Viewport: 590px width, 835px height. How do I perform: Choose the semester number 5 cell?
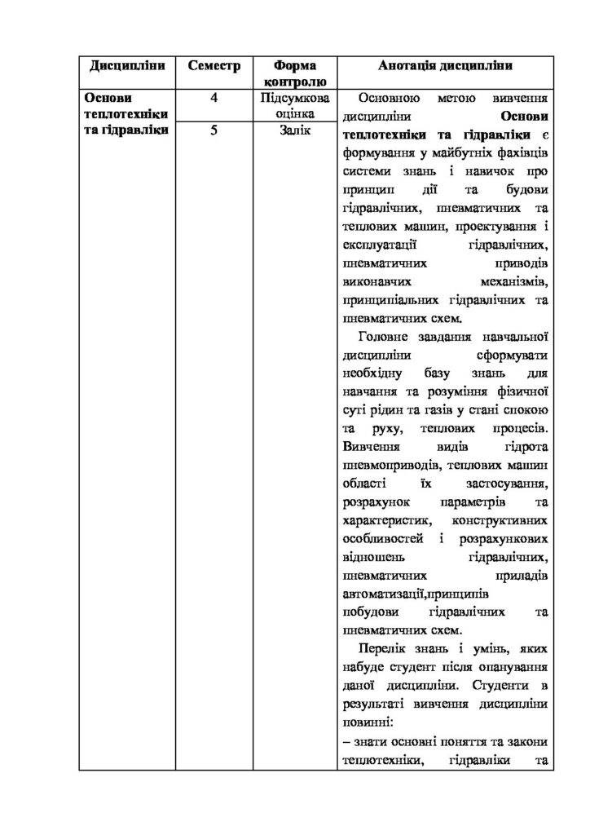[214, 132]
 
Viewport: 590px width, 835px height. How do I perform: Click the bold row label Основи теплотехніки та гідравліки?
[126, 115]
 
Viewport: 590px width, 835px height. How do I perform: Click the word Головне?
[385, 336]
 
